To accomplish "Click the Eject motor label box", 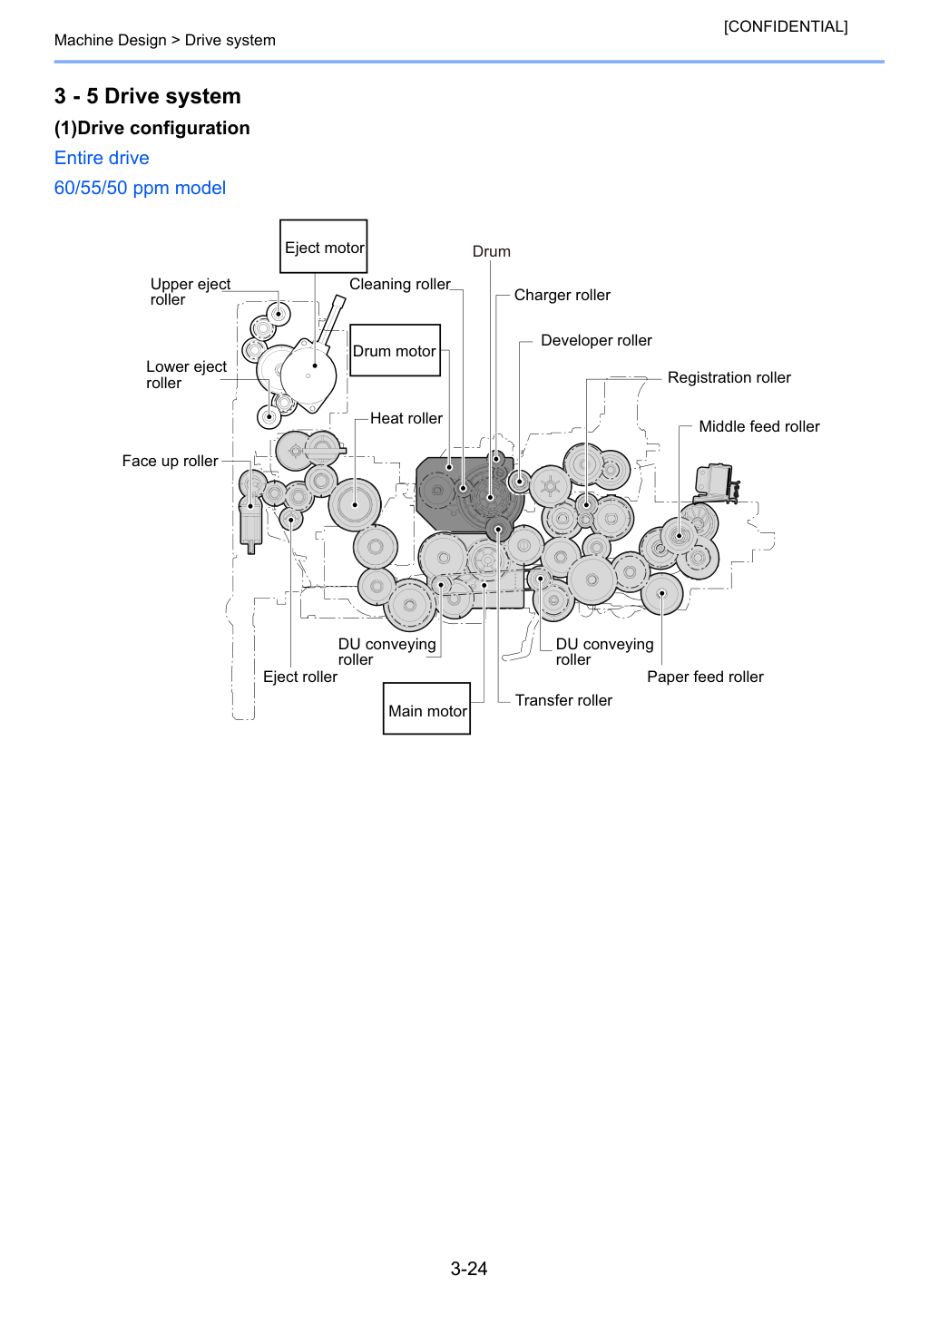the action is (323, 246).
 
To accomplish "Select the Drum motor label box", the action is (395, 350).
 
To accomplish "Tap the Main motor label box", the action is (426, 708).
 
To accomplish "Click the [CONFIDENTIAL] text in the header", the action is (785, 26).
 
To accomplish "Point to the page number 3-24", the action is (469, 1269).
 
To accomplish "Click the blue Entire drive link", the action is (102, 158).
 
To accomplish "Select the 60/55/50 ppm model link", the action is (140, 188).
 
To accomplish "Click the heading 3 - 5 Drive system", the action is (148, 96).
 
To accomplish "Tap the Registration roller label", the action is (729, 377).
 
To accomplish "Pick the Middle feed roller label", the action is (759, 426).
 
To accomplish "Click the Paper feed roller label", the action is (705, 677).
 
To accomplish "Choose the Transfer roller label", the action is (563, 700).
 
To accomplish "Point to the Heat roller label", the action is (406, 418).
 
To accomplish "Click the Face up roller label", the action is (170, 461).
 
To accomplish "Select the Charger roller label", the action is (562, 295).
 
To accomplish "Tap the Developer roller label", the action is (596, 340).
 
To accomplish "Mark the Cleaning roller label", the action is (400, 284).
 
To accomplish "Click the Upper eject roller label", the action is (190, 292).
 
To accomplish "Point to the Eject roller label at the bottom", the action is (300, 677).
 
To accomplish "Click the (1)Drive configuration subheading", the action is (152, 128).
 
